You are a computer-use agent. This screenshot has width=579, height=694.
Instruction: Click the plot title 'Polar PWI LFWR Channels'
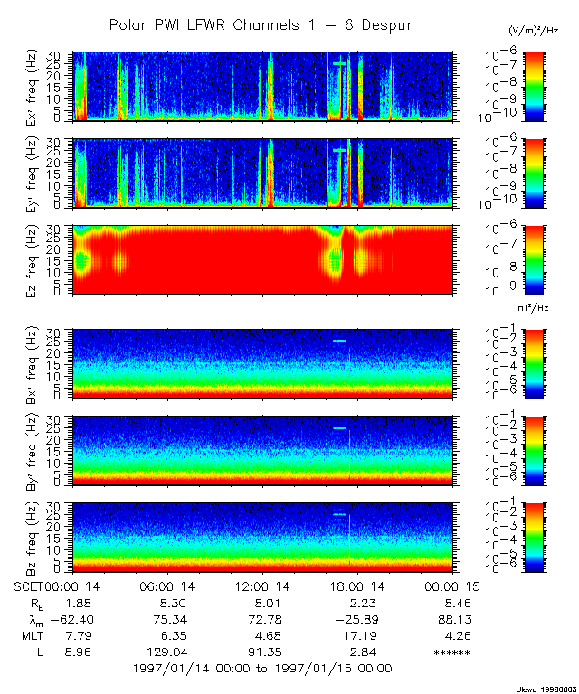[x=262, y=24]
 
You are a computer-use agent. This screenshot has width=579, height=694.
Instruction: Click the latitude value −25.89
[x=360, y=620]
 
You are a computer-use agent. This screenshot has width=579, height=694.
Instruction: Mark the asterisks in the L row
[x=452, y=653]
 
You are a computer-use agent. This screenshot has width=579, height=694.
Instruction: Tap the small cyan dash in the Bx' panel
[x=339, y=341]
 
